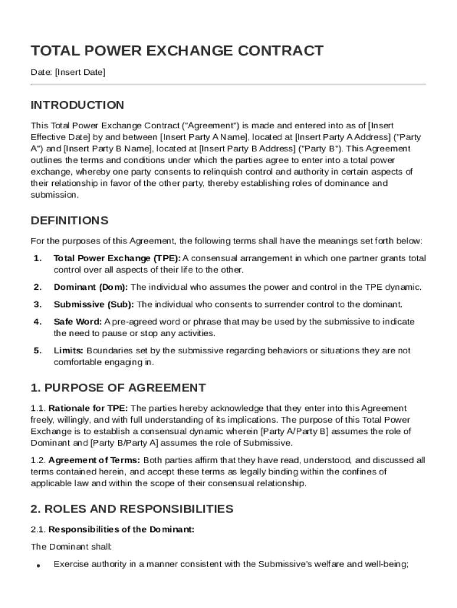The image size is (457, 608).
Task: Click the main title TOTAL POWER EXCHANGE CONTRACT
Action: click(x=177, y=50)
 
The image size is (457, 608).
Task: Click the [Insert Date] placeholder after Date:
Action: click(x=80, y=72)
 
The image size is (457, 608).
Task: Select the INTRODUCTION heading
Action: click(x=77, y=105)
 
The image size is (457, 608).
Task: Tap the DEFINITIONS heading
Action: click(x=69, y=220)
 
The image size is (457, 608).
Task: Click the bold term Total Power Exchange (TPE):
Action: click(x=117, y=258)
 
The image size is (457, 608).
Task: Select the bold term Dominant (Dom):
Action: click(x=91, y=287)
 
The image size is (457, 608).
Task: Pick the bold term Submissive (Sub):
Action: click(x=94, y=304)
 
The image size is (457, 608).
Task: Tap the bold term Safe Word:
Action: click(x=78, y=321)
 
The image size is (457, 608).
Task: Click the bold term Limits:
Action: click(x=68, y=350)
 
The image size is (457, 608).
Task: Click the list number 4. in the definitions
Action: click(x=37, y=321)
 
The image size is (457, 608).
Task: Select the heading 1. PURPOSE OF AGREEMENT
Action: click(x=118, y=388)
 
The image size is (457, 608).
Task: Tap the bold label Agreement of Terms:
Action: click(x=94, y=460)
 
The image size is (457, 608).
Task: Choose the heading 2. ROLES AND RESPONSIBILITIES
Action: click(x=132, y=509)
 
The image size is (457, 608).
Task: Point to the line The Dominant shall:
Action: click(x=71, y=546)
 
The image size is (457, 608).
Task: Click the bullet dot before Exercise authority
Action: click(x=38, y=566)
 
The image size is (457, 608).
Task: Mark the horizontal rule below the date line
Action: click(x=228, y=84)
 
